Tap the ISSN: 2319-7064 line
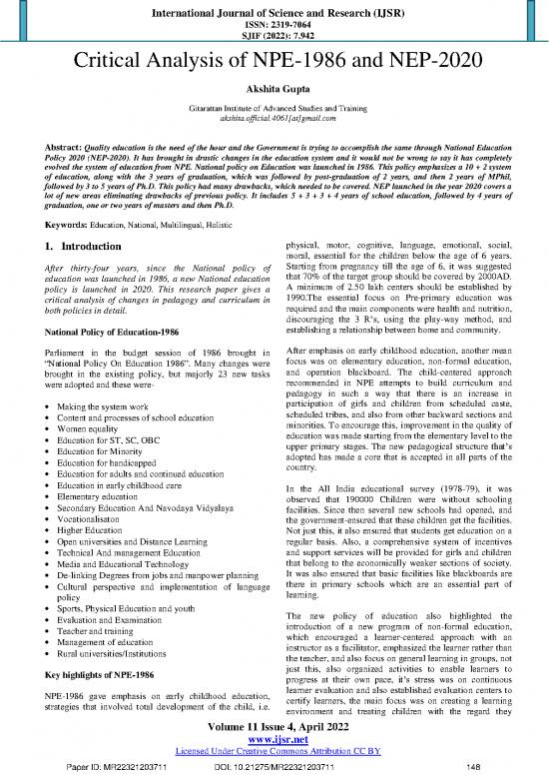(274, 26)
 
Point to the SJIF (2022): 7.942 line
(274, 39)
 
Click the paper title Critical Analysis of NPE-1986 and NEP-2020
(274, 63)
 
